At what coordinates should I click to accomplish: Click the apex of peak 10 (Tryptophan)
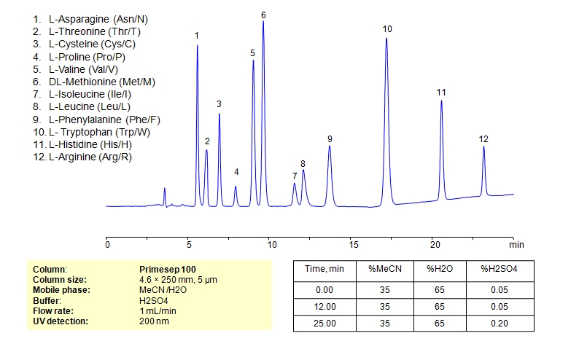pos(386,38)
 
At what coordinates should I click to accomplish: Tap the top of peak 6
pos(263,22)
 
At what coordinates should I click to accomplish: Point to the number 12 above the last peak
pos(483,139)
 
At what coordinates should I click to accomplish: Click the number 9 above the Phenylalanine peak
pos(330,138)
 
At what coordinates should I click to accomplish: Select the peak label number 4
pos(236,172)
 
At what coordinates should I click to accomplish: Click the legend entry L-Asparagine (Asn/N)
pos(101,17)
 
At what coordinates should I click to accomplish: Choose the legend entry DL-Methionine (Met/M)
pos(101,82)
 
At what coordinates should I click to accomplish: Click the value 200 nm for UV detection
pos(154,321)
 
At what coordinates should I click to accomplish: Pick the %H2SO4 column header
pos(499,270)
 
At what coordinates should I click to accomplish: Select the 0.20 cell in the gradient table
pos(499,321)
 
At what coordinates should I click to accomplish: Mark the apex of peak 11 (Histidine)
pos(441,101)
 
